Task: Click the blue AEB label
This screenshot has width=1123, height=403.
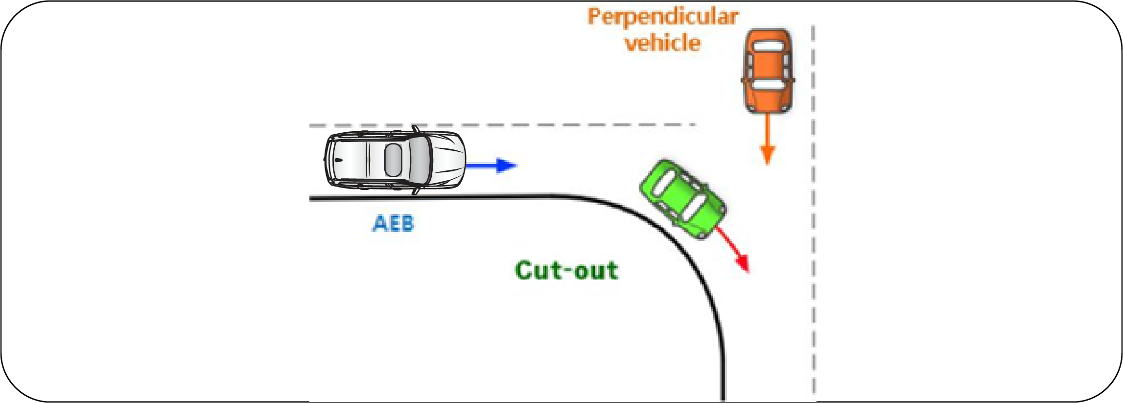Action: [x=393, y=224]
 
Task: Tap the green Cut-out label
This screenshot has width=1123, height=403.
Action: [x=566, y=270]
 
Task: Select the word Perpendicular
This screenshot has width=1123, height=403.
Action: [x=663, y=17]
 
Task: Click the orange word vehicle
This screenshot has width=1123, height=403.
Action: [x=663, y=43]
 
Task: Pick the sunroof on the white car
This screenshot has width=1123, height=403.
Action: [x=393, y=160]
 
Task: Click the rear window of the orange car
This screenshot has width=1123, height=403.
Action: [x=767, y=47]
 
